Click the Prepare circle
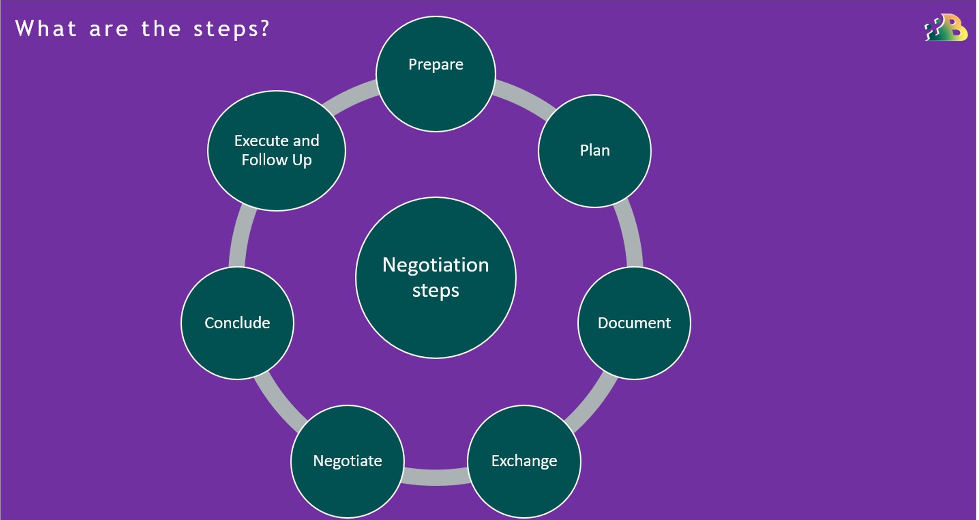click(436, 74)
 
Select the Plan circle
click(594, 151)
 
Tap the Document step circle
click(634, 323)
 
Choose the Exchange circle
click(524, 461)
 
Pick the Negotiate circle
click(348, 461)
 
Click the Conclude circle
click(237, 323)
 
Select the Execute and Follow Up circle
click(277, 151)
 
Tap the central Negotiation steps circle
click(436, 278)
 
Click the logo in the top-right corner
click(945, 28)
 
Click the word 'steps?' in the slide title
click(231, 29)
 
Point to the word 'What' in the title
click(46, 29)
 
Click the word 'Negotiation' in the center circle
click(436, 265)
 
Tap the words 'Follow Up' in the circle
click(277, 160)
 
